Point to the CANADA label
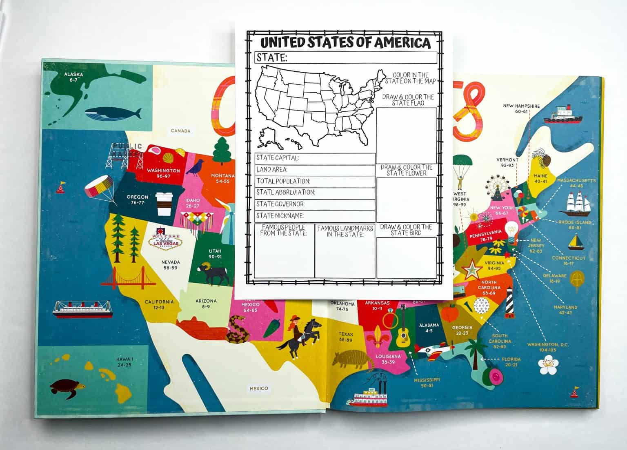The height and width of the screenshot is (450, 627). click(x=180, y=131)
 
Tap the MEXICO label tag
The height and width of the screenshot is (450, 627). click(x=259, y=388)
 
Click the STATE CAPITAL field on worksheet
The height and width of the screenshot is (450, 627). click(x=315, y=158)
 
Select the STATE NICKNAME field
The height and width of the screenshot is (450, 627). click(x=315, y=216)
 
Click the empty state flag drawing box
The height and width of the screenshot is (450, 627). click(x=406, y=135)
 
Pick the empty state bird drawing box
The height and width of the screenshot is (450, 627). click(x=406, y=258)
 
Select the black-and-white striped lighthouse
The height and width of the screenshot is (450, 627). click(x=509, y=302)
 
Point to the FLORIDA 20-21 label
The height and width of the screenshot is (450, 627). click(x=511, y=362)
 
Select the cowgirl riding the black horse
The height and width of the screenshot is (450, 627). click(x=300, y=337)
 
